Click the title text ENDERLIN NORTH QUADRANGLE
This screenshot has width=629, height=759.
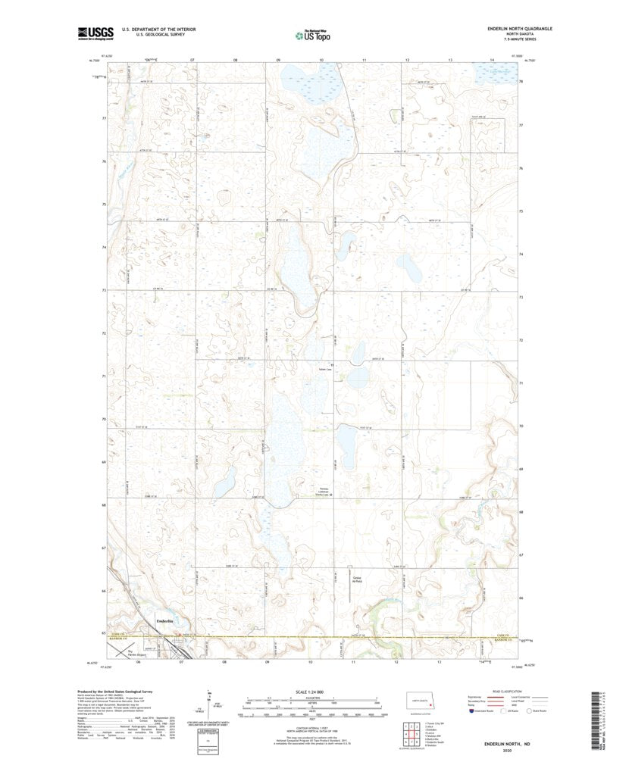coord(520,29)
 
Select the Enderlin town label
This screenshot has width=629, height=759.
coord(164,621)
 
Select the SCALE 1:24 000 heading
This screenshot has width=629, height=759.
coord(311,691)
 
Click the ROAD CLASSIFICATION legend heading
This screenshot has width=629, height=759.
coord(504,691)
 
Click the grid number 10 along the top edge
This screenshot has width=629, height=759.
coord(321,59)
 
